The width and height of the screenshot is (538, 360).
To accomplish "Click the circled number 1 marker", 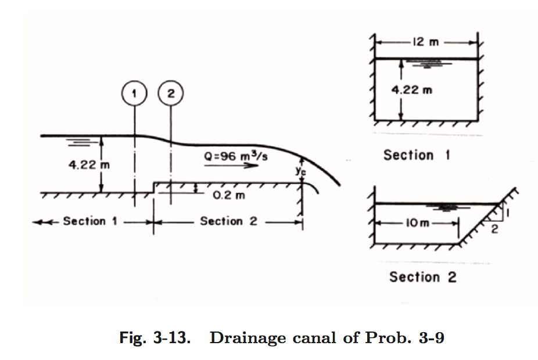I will (135, 93).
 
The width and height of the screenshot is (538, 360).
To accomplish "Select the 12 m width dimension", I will (426, 42).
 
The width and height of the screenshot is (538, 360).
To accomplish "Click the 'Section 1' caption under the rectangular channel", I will (416, 155).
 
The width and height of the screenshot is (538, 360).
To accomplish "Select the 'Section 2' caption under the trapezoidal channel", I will (422, 277).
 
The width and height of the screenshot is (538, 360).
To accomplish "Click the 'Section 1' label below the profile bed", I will (84, 221).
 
